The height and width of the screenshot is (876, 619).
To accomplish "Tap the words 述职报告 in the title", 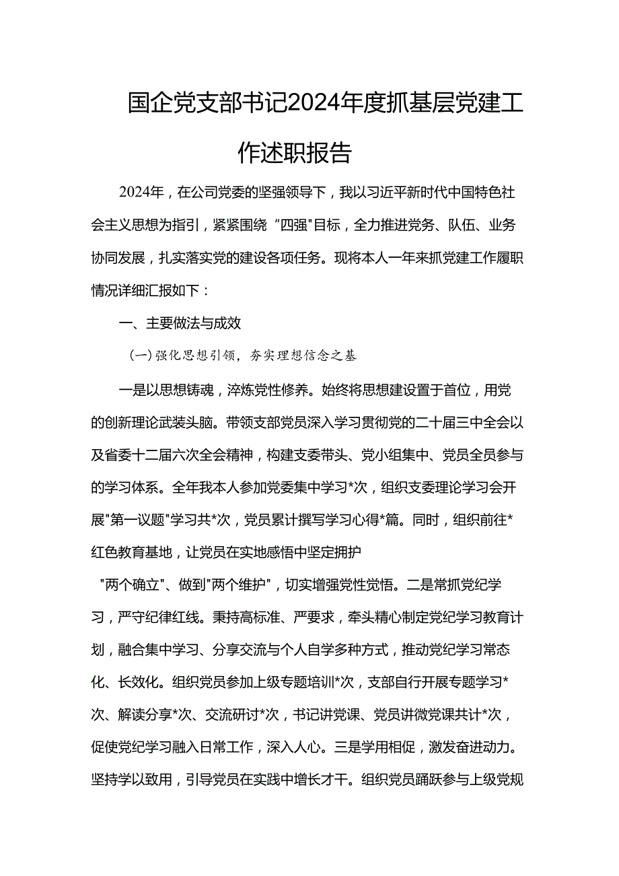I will pyautogui.click(x=309, y=152).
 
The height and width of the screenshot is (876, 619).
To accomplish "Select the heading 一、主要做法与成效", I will pyautogui.click(x=180, y=323).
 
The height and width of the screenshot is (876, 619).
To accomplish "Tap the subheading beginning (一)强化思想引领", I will pyautogui.click(x=243, y=356).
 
